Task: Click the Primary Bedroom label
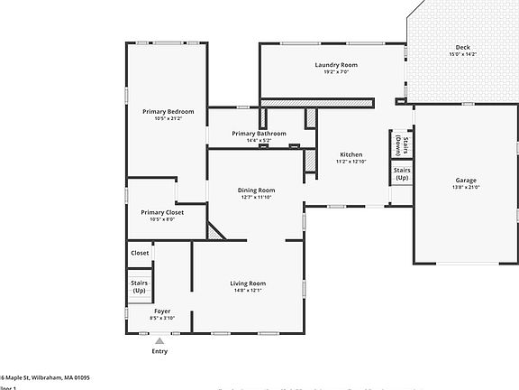coord(168,111)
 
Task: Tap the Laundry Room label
coord(336,65)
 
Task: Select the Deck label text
coord(462,48)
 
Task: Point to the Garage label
coord(465,180)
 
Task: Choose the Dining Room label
coord(257,190)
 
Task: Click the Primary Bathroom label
coord(259,134)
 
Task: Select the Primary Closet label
coord(162,212)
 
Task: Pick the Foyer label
coord(137,311)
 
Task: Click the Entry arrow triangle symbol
coord(160,341)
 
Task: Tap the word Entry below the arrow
coord(160,352)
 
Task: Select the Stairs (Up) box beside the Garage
coord(402,172)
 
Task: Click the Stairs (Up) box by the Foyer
coord(140,286)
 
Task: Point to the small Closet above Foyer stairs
coord(140,253)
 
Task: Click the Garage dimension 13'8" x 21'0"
coord(465,188)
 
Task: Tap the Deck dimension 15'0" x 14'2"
coord(462,55)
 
